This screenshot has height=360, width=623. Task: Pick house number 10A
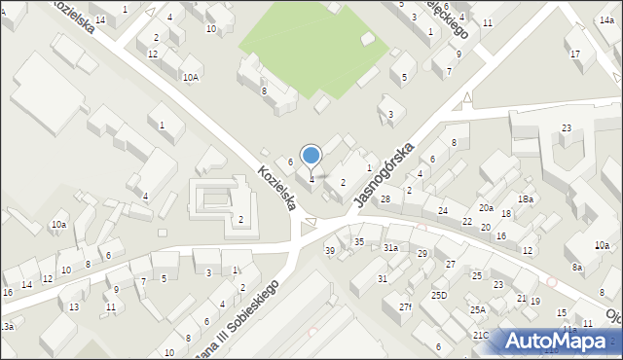pos(191,77)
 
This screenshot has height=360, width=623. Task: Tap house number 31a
pos(390,248)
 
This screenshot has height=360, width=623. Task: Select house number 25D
pos(439,295)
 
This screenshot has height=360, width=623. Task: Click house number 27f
pos(405,307)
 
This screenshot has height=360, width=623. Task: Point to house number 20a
pos(485,208)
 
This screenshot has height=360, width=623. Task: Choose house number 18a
pos(526,198)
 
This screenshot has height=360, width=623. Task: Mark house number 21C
pos(481,335)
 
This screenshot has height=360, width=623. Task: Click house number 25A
pos(478,310)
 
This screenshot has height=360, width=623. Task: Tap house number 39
pos(330,251)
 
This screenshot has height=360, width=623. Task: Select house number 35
pos(358,241)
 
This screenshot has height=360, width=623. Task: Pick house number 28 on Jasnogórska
pos(385,198)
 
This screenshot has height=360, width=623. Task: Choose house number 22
pos(467,222)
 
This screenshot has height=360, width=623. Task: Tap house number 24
pos(443,211)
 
